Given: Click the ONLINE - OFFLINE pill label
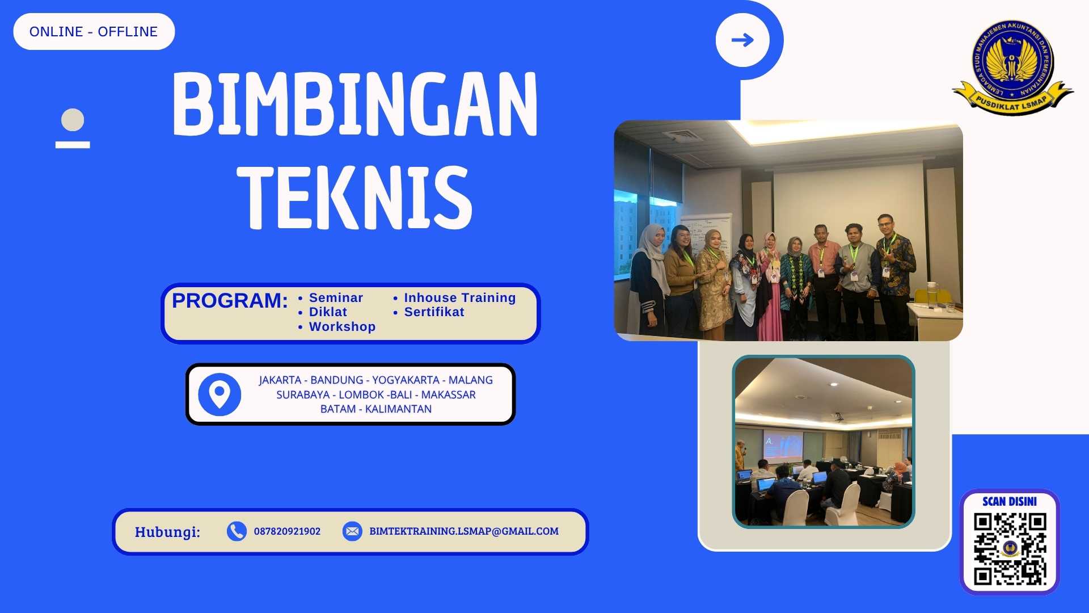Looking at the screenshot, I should click(x=94, y=32).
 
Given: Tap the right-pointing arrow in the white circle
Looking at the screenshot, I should click(x=742, y=40).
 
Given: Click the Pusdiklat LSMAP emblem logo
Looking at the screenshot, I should click(x=1012, y=67).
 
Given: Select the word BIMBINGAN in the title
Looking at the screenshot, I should click(x=355, y=104).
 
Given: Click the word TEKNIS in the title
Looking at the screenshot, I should click(x=355, y=197).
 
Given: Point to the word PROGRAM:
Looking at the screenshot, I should click(x=230, y=301).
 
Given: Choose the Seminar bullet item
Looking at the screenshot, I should click(x=336, y=297).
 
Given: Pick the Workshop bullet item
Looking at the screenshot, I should click(x=342, y=327).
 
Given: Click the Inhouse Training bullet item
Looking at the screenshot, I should click(x=459, y=297).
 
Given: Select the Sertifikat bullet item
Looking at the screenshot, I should click(x=434, y=312).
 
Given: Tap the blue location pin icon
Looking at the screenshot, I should click(x=220, y=394).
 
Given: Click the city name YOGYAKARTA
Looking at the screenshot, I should click(x=405, y=380).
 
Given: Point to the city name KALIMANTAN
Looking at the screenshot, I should click(x=398, y=409).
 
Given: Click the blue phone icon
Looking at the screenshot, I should click(x=237, y=531).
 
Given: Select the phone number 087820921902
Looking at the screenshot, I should click(x=287, y=531).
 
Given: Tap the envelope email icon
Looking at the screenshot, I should click(x=352, y=531).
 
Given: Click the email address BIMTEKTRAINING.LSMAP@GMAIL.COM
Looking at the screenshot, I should click(x=464, y=531).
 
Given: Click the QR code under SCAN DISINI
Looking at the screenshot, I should click(x=1010, y=549).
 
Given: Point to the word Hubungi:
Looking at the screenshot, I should click(x=167, y=532).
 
